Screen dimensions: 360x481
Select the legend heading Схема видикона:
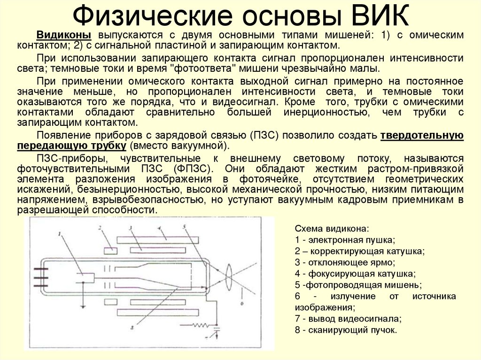pyautogui.click(x=332, y=229)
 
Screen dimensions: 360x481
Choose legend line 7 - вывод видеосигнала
pyautogui.click(x=348, y=319)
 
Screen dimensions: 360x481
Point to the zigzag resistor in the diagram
pyautogui.click(x=201, y=325)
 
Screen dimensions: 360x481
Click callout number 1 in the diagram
pyautogui.click(x=60, y=233)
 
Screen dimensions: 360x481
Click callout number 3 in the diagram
pyautogui.click(x=132, y=228)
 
